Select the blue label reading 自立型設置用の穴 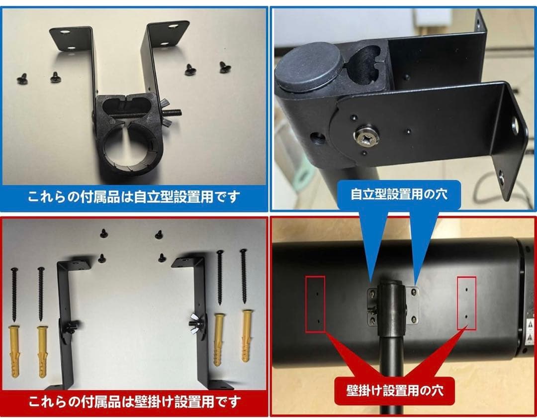point(399,194)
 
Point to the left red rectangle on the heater point(315,304)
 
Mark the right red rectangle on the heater point(466,303)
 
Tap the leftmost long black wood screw point(14,294)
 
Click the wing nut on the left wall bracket point(69,326)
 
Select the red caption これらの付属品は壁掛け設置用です point(134,401)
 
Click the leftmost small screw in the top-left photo point(22,79)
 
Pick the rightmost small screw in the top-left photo point(225,67)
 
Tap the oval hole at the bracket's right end point(517,126)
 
